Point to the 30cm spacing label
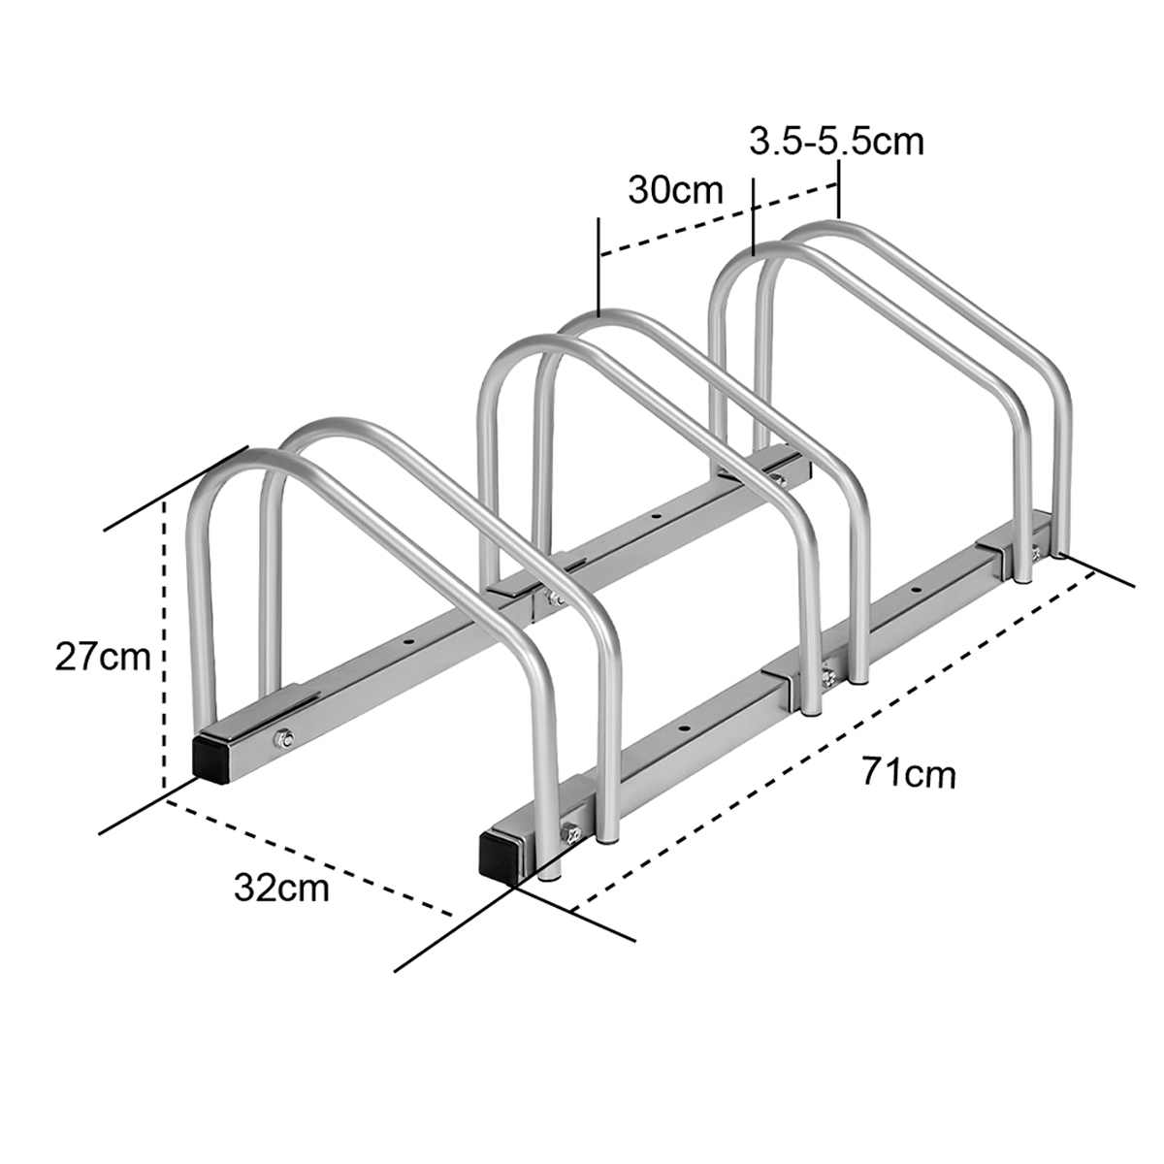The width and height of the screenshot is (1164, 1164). click(676, 188)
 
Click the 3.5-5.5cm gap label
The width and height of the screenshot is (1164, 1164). click(836, 142)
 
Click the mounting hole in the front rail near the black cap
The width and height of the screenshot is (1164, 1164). click(685, 726)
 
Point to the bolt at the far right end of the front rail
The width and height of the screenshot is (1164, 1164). click(1036, 553)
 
